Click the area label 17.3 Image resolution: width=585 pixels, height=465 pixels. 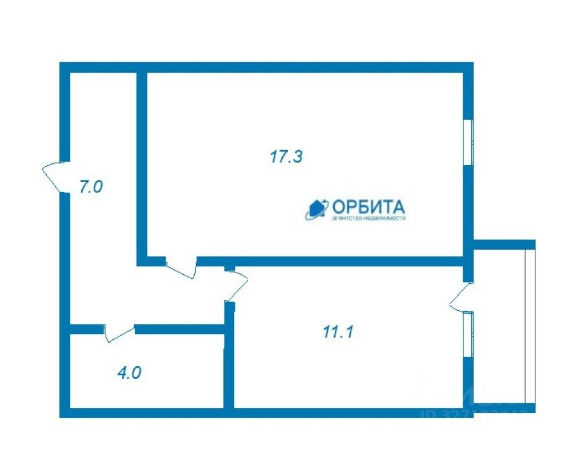point(286,157)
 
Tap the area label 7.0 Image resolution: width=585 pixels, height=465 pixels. point(90,187)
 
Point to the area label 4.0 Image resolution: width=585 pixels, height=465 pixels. point(129,373)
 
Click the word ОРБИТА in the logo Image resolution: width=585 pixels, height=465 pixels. point(368,206)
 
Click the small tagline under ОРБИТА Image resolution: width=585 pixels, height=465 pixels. point(368,218)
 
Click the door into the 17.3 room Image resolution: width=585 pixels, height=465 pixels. point(181,268)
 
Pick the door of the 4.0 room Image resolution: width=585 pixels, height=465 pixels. point(119,334)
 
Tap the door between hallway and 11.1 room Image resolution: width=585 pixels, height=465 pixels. point(236,286)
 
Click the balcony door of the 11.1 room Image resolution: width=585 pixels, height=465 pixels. point(459,298)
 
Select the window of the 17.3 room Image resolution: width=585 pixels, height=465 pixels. point(468,142)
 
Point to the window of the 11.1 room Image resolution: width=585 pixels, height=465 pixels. point(468,334)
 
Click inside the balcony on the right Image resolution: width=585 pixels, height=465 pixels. point(498,326)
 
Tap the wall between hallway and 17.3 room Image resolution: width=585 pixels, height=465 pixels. point(142,166)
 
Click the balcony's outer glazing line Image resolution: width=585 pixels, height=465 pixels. point(530,326)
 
